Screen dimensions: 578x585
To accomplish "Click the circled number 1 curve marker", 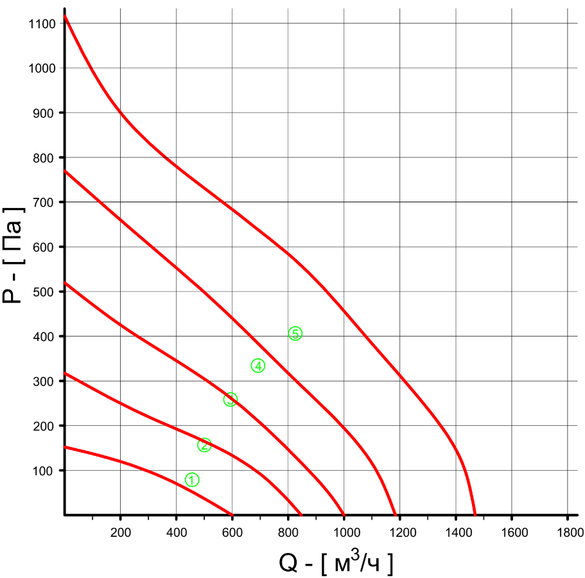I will click(192, 480).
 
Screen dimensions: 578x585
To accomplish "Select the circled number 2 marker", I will click(204, 445).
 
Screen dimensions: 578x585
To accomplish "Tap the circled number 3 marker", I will click(231, 399).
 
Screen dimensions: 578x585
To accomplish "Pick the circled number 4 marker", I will click(258, 366).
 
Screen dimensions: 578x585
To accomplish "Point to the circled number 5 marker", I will click(295, 333).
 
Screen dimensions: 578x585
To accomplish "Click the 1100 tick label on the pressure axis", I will click(42, 23).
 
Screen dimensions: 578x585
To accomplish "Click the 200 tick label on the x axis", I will click(121, 532).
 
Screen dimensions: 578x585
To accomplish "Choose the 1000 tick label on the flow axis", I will click(344, 532).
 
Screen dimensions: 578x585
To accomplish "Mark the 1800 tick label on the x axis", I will click(568, 532).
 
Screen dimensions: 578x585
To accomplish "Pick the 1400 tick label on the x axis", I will click(456, 532).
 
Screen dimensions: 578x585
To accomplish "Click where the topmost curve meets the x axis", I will click(475, 514).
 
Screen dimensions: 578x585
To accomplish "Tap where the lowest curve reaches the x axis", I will click(232, 514).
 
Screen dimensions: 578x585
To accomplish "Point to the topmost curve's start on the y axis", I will click(65, 15).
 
